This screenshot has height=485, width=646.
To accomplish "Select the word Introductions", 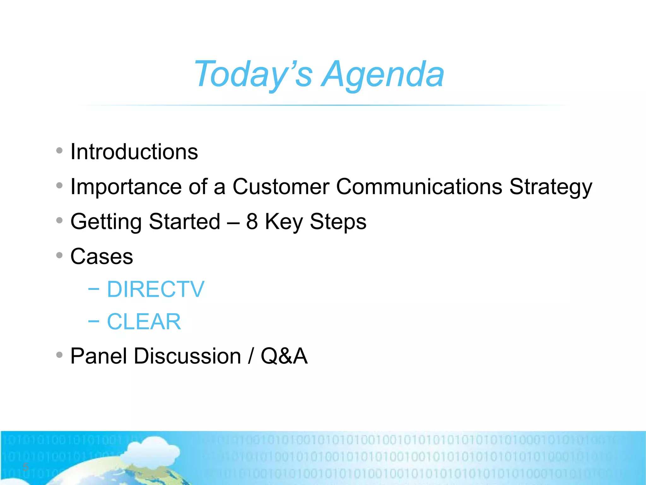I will coord(134,152).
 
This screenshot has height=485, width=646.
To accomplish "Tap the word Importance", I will coord(126,187).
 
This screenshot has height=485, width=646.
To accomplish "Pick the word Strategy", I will coord(551,187).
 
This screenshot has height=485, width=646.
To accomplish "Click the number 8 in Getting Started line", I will coord(252,221).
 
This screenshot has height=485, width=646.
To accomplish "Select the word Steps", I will coord(338,222).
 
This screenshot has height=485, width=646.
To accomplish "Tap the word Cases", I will coord(102,256).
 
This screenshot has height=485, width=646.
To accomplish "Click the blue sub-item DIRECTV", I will coord(156,289).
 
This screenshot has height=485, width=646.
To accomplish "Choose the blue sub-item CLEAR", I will coord(144,322).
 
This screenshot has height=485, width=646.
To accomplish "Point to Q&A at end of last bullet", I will coord(284,356).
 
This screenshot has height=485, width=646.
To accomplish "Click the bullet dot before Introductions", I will coord(59,151).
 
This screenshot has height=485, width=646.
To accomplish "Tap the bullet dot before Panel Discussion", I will coord(59,355).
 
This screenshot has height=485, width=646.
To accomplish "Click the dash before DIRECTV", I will coord(94,289).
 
